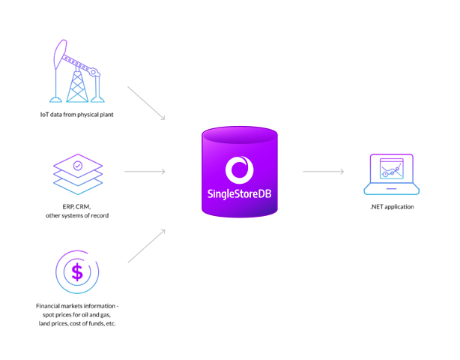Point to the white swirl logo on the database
pos(239,169)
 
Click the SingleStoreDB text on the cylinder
pos(239,192)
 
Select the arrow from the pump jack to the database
pos(146,103)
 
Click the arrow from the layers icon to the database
pos(145,172)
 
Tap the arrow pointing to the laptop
pos(324,172)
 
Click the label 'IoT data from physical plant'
pos(76,115)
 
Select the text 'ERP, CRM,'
pos(76,206)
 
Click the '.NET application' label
pos(391,206)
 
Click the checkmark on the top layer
pos(77,164)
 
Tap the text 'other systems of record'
pos(76,215)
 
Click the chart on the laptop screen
pos(391,169)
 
